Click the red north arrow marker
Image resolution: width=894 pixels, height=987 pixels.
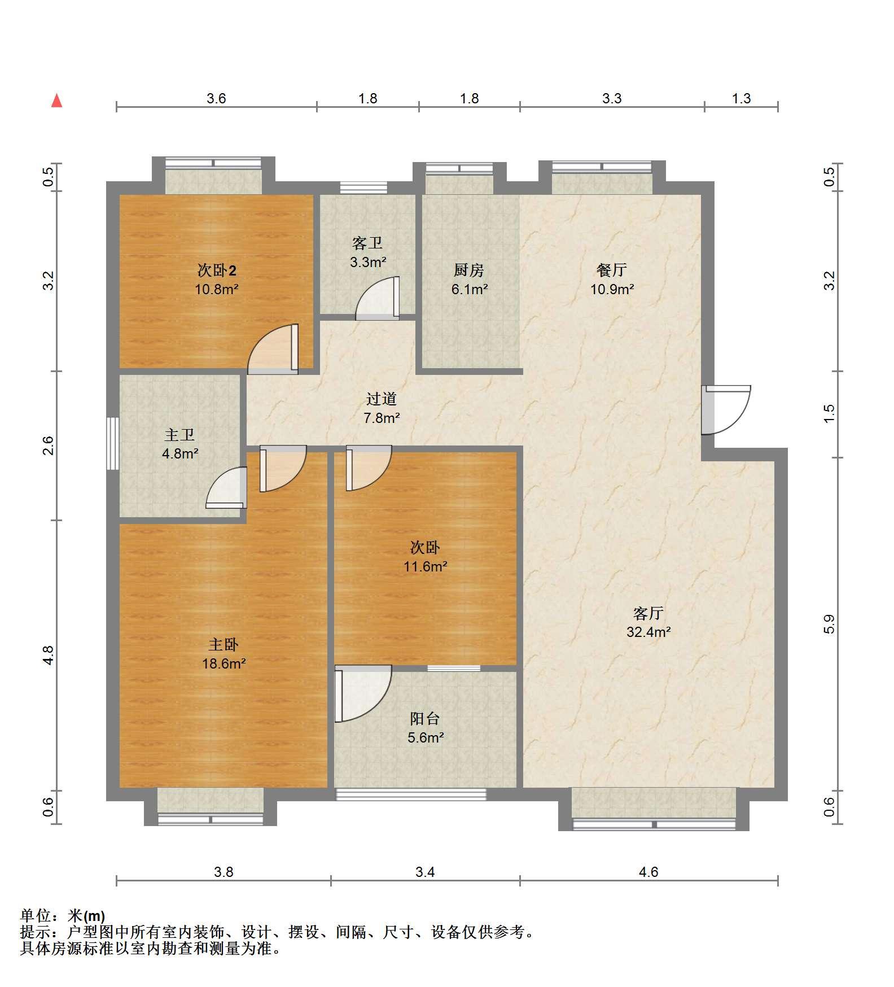tap(56, 101)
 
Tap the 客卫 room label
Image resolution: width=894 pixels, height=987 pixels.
tap(367, 243)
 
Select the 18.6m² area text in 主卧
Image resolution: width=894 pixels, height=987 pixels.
tap(224, 663)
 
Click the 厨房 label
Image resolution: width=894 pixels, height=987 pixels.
tap(469, 270)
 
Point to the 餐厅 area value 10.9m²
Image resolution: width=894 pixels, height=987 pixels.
tap(612, 289)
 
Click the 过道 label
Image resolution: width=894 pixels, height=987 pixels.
tap(382, 399)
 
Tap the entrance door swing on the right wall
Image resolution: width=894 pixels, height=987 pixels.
tap(726, 410)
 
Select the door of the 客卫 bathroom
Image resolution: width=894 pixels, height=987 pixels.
tap(378, 298)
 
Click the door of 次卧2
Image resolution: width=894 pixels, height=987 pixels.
tap(273, 349)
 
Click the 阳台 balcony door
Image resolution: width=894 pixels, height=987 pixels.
tap(363, 694)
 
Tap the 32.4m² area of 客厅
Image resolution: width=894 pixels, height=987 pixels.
tap(648, 632)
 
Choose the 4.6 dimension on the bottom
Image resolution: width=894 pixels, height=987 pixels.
tap(648, 872)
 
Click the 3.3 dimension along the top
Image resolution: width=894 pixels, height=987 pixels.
tap(612, 99)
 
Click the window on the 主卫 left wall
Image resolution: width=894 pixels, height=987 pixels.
tap(113, 443)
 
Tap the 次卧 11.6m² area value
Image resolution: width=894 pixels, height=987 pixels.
tap(426, 566)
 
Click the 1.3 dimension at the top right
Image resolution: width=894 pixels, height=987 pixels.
tap(742, 99)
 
